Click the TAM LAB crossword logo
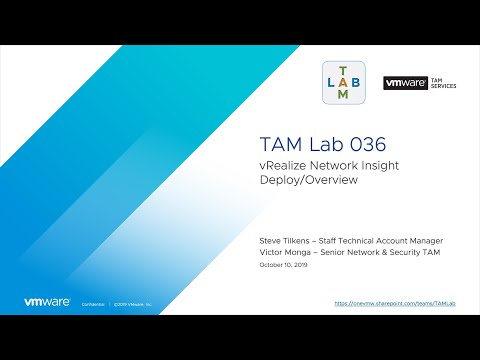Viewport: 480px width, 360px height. point(344,82)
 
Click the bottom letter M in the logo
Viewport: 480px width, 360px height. point(344,95)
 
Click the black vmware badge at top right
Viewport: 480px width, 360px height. point(405,83)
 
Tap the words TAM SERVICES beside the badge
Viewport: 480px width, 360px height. point(442,83)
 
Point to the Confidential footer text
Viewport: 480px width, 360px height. point(94,302)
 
